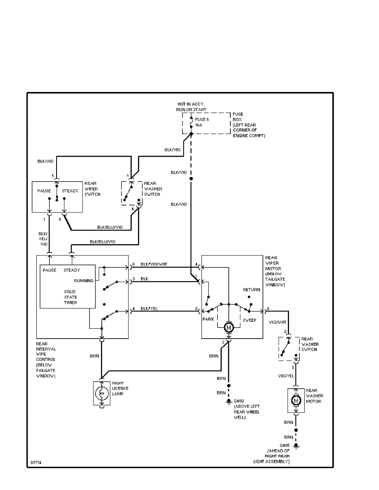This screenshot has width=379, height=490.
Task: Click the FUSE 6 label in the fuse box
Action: (203, 120)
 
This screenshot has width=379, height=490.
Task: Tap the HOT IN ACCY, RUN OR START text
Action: (191, 107)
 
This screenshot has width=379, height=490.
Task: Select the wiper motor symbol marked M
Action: (228, 327)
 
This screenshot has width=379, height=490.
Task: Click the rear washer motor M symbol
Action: (295, 400)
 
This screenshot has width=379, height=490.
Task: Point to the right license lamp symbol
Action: (101, 393)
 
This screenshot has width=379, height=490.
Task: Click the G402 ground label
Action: (239, 401)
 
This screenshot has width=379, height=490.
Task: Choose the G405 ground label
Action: (284, 445)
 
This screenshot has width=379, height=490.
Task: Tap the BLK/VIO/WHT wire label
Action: (154, 264)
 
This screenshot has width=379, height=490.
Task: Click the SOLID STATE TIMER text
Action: (67, 297)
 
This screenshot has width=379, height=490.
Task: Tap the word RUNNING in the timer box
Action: (84, 280)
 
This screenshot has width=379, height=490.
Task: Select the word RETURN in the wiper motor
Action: (251, 290)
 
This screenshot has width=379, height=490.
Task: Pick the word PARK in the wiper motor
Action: (208, 320)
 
